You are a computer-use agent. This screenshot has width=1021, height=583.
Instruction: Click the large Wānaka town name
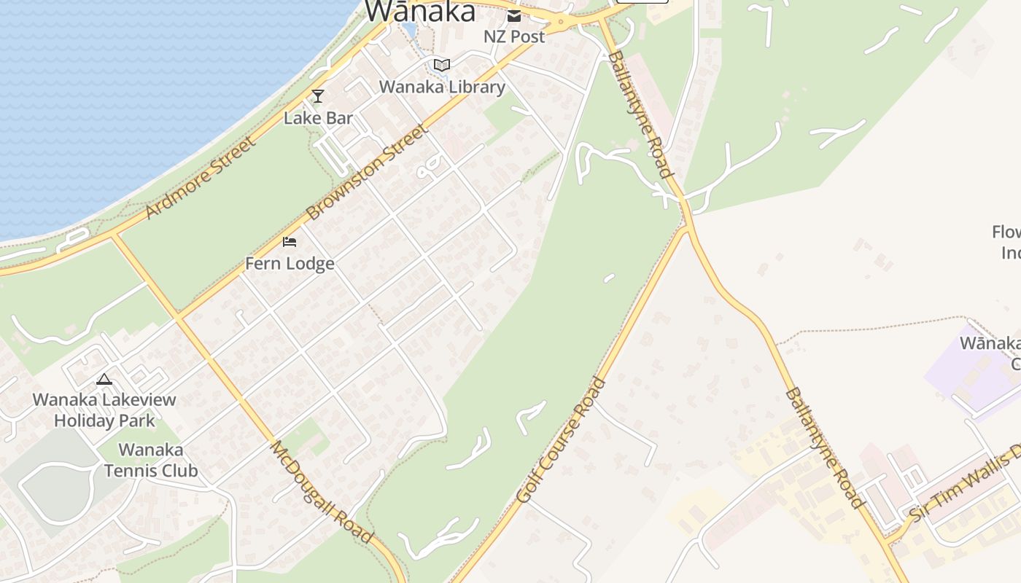(x=420, y=11)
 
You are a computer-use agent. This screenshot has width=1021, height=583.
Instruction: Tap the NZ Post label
(x=514, y=36)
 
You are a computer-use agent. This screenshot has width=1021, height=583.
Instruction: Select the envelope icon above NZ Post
(x=514, y=16)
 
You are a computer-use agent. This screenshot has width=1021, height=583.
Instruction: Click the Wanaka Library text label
(x=442, y=87)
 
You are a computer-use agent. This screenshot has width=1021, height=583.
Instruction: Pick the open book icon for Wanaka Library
(x=442, y=65)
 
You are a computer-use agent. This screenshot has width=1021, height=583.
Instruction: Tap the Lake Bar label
(x=318, y=118)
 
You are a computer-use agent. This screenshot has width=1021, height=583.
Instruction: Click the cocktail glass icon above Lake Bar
(x=318, y=95)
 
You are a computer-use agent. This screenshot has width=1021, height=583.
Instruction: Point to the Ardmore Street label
(x=201, y=177)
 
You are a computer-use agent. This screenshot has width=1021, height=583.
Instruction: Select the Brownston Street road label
(x=366, y=173)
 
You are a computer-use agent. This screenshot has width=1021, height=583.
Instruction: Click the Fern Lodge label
(x=290, y=264)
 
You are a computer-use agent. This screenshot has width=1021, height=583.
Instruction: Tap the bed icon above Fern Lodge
(x=290, y=242)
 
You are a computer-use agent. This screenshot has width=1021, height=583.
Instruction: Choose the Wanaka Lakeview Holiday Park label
(x=104, y=410)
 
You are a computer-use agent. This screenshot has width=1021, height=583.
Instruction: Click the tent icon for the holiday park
(x=104, y=379)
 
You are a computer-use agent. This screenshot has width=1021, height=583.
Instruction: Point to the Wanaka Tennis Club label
(x=150, y=460)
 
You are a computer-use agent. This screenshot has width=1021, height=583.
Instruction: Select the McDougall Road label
(x=322, y=492)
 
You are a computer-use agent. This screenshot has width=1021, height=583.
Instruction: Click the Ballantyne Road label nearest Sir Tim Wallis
(x=825, y=447)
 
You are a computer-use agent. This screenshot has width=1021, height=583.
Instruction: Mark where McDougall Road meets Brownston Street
(x=178, y=317)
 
